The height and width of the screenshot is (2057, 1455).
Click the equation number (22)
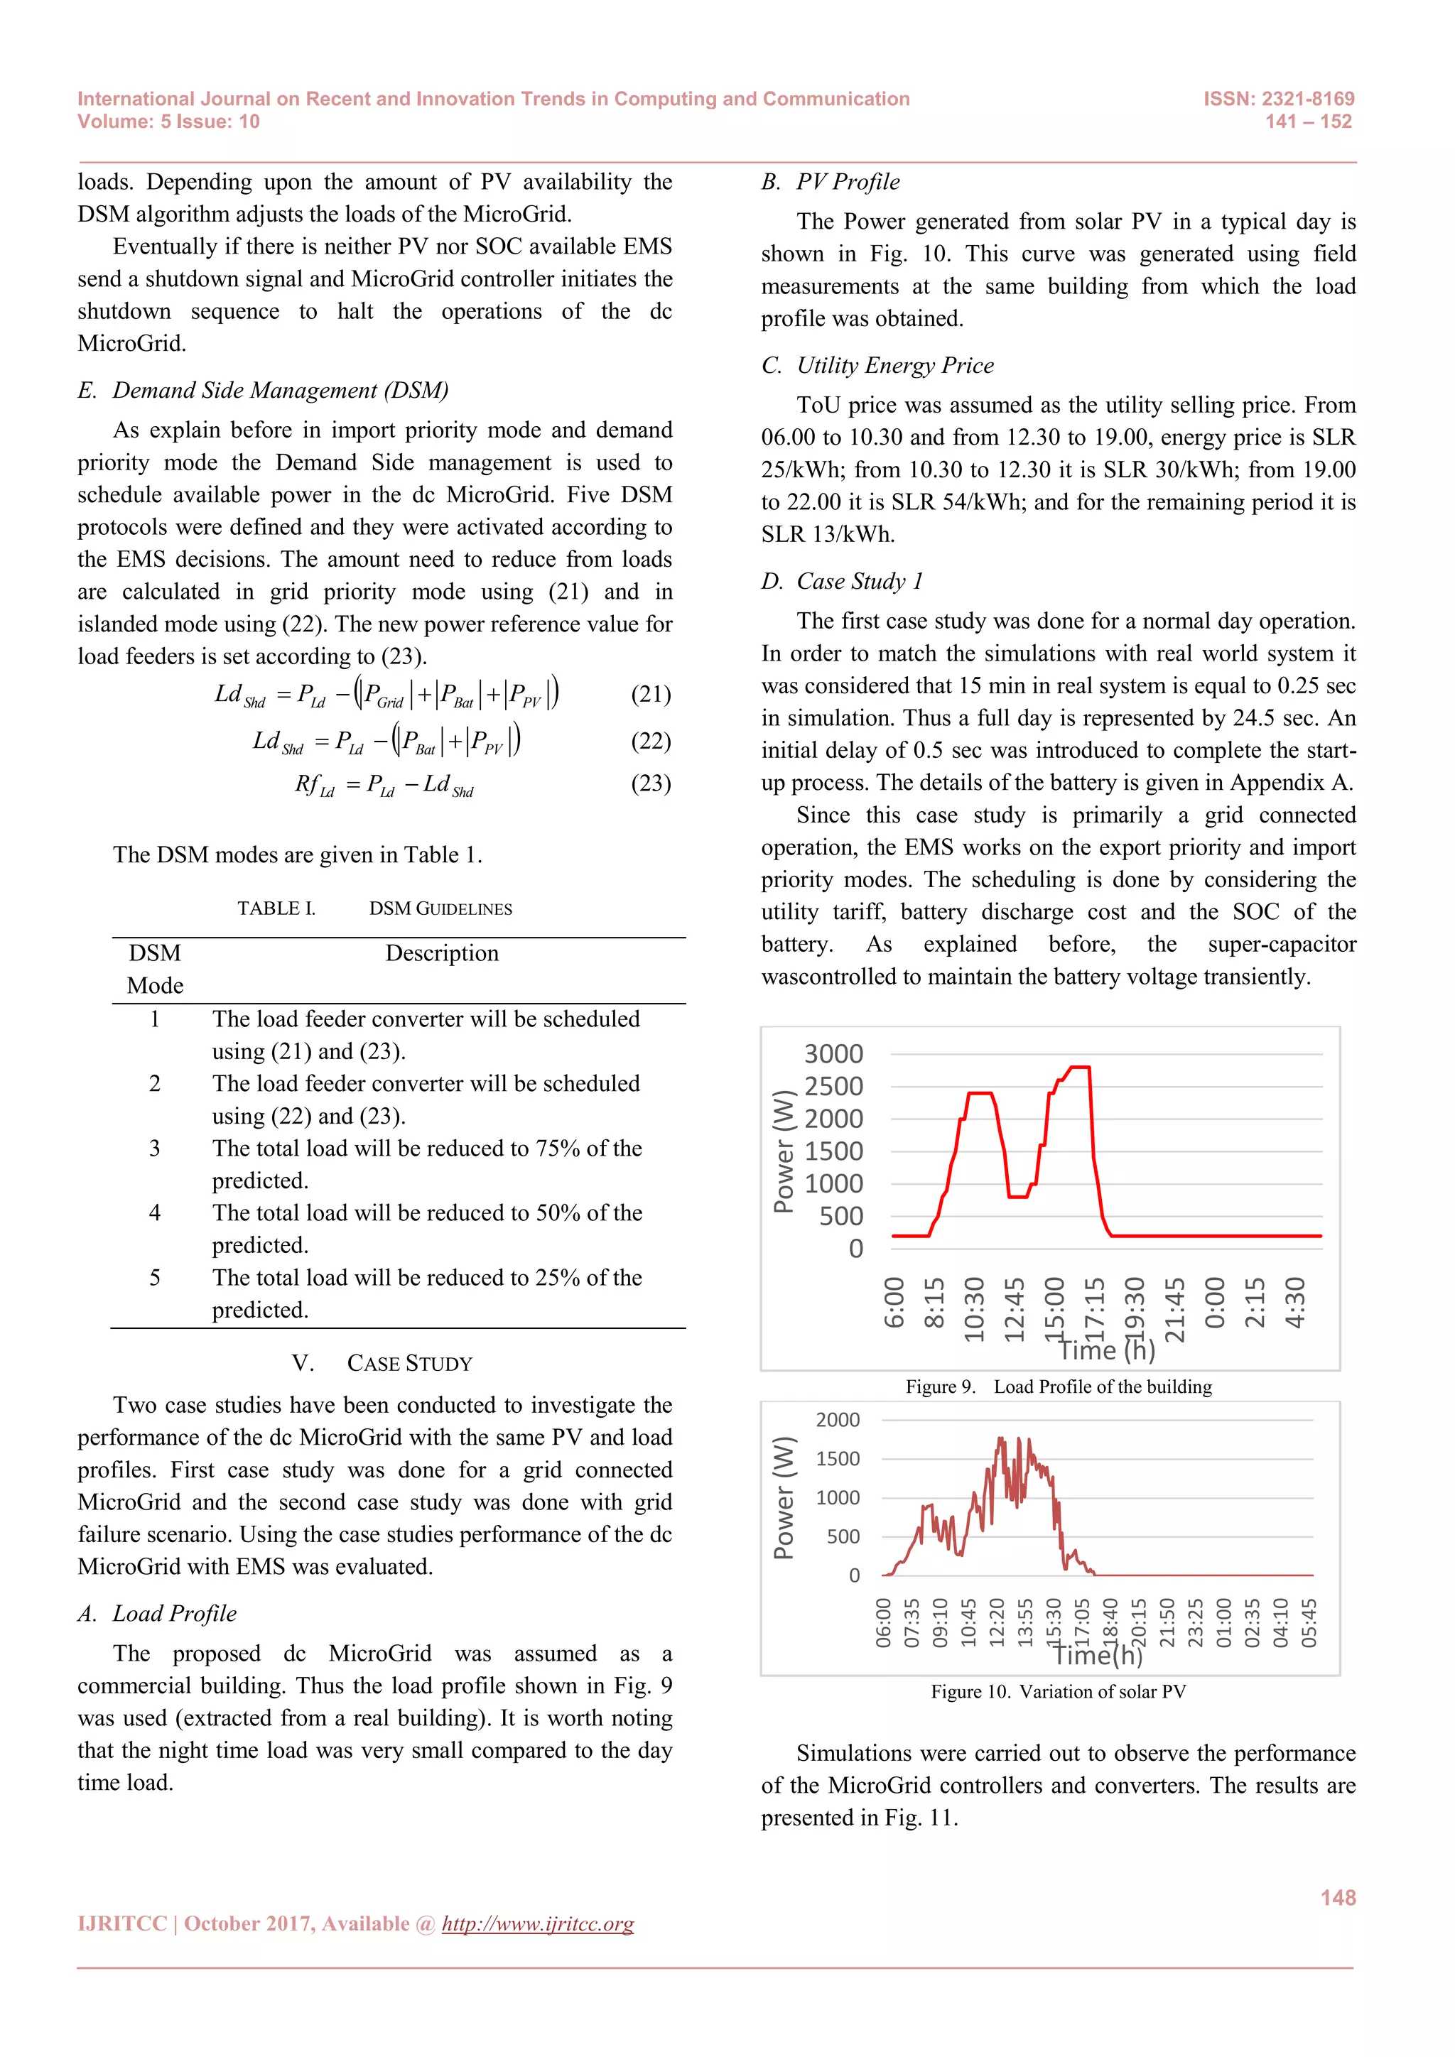point(651,741)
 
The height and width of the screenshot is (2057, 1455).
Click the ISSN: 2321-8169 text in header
point(1279,99)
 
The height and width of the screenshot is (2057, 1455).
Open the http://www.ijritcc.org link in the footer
point(538,1923)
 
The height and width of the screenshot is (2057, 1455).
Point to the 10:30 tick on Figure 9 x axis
point(975,1309)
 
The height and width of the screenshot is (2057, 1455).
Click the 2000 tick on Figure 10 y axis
point(838,1420)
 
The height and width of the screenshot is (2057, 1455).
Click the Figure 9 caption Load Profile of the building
point(1058,1387)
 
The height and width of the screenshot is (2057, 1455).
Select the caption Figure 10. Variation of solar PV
point(1058,1691)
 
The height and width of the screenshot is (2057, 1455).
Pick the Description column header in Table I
point(442,953)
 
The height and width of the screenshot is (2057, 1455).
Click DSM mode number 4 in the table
point(155,1213)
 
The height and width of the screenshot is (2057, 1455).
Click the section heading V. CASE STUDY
point(382,1364)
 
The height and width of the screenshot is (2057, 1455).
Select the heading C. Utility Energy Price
point(877,366)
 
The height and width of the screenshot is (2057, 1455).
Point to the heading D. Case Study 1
point(841,582)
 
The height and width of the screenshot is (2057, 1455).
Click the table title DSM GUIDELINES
point(440,908)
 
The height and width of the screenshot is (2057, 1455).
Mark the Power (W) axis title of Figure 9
point(783,1151)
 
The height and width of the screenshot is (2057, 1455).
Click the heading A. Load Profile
point(157,1614)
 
